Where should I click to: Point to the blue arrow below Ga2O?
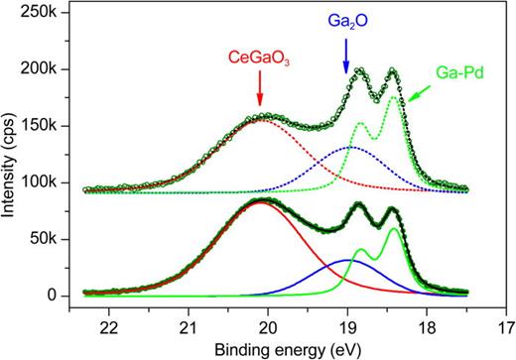point(346,50)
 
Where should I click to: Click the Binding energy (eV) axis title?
point(294,346)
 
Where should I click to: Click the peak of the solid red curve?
point(261,201)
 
